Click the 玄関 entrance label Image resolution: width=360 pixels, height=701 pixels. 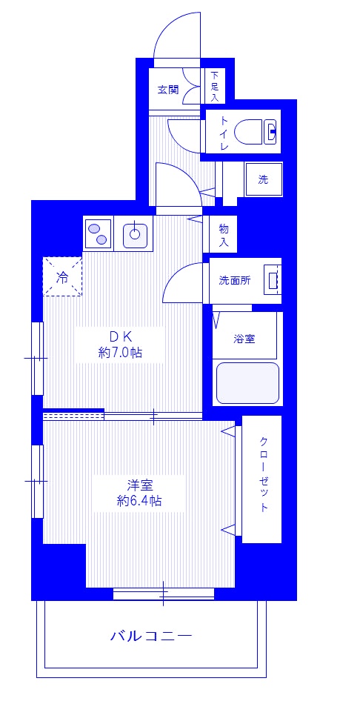click(168, 90)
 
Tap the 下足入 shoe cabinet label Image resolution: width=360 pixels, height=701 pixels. click(214, 86)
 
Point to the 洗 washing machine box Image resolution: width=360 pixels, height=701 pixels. click(263, 179)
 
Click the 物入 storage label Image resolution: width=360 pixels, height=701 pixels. click(223, 236)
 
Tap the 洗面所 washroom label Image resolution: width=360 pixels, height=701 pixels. click(234, 281)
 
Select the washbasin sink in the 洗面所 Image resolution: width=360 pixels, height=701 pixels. click(273, 281)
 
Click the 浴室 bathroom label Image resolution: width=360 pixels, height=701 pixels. click(244, 339)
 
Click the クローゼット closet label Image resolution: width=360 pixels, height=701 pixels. click(264, 474)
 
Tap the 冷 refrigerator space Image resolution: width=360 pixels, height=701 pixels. click(62, 277)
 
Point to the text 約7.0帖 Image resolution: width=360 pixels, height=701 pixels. click(120, 353)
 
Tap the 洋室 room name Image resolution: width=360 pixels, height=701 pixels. click(139, 485)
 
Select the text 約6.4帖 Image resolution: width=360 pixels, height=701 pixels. click(139, 502)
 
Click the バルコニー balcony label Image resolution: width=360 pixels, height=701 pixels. click(151, 635)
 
